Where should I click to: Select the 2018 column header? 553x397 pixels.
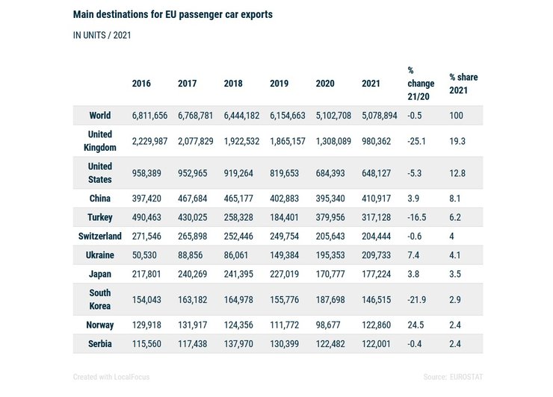point(233,84)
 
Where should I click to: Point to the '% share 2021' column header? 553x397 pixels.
point(463,84)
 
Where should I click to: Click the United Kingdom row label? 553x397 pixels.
point(100,141)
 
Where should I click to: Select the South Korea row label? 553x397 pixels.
point(100,299)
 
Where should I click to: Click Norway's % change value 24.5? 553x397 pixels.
point(415,325)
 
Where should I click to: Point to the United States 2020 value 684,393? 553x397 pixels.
point(330,173)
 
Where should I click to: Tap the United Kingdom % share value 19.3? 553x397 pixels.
point(457,141)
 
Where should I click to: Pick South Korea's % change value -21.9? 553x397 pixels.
point(417,299)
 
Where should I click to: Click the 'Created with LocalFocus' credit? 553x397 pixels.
point(111,377)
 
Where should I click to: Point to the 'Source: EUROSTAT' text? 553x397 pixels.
point(453,377)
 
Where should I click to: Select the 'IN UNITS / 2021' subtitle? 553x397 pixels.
point(103,35)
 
